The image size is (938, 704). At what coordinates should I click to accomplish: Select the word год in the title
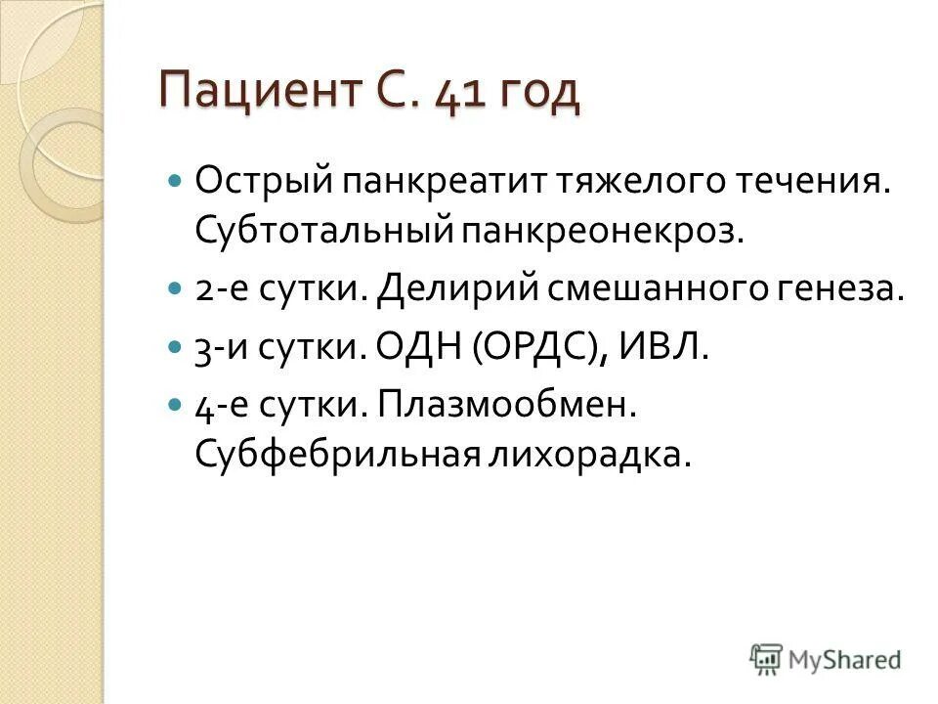pyautogui.click(x=538, y=95)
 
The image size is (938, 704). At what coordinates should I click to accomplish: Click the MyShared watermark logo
pyautogui.click(x=826, y=659)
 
